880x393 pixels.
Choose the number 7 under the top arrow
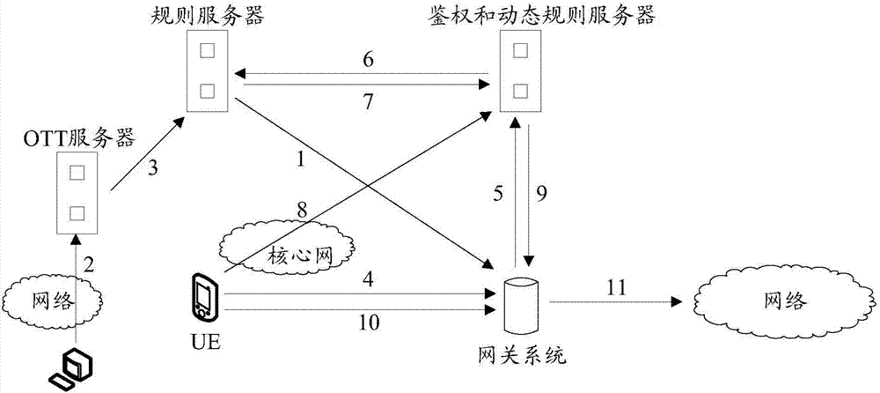[x=369, y=103]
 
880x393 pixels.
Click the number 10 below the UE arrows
[x=370, y=323]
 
